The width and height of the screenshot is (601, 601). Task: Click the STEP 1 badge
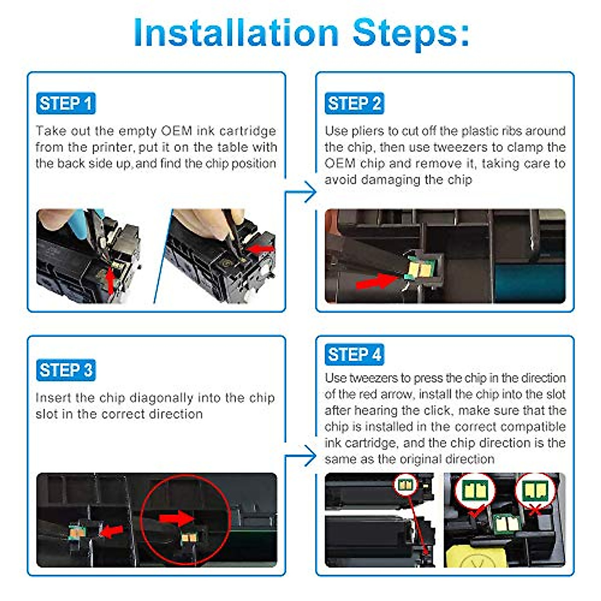pos(66,103)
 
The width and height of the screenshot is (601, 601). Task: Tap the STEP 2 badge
pos(354,103)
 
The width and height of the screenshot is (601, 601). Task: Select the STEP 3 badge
pos(66,370)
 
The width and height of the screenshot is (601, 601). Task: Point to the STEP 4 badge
pos(354,354)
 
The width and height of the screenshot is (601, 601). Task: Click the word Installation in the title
pos(236,33)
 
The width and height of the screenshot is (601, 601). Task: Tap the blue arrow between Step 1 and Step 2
pos(301,192)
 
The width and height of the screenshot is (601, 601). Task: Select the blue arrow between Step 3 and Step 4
pos(301,456)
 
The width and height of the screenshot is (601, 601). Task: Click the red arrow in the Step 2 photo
pos(377,281)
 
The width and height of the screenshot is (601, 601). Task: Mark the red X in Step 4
pos(535,511)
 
